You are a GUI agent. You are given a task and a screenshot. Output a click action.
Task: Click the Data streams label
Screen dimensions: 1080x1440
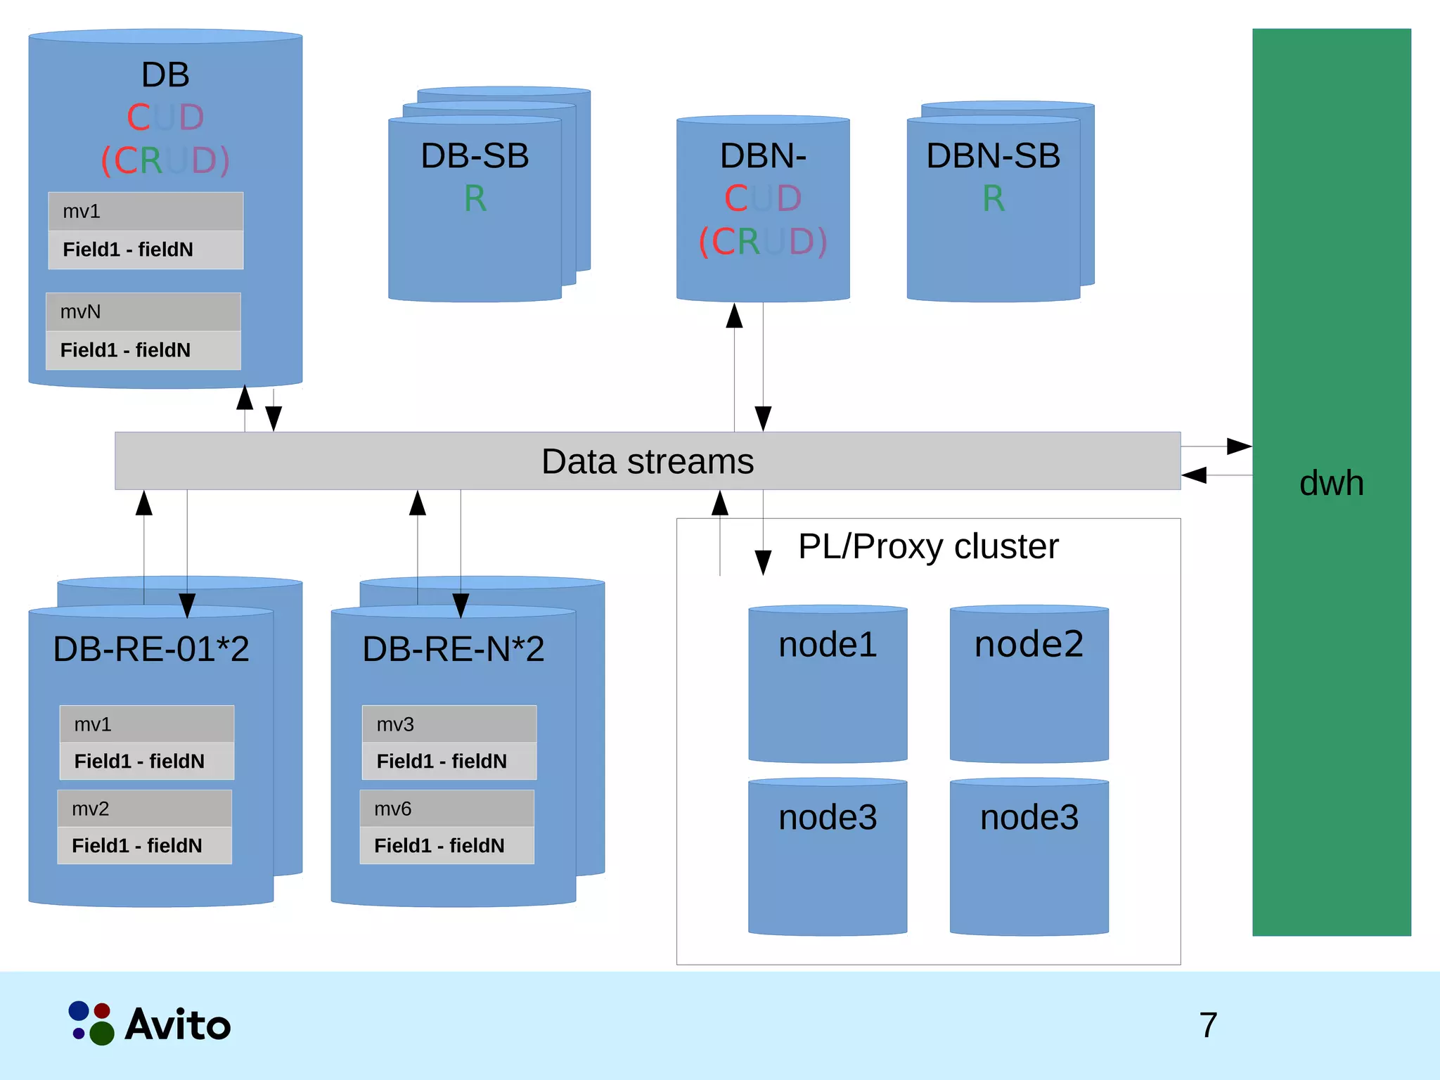click(647, 462)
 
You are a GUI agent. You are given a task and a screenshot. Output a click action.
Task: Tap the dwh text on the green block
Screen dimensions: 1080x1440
click(1331, 483)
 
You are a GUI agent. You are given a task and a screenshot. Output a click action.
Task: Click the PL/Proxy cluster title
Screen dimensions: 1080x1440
click(927, 546)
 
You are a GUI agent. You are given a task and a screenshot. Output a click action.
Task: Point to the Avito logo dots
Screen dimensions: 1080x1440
click(91, 1024)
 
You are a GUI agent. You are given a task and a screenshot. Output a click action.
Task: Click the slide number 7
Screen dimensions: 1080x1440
click(1208, 1025)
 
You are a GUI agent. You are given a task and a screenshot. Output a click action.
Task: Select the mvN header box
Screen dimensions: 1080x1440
click(143, 311)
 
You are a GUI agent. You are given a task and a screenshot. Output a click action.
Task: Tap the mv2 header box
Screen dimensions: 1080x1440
click(144, 809)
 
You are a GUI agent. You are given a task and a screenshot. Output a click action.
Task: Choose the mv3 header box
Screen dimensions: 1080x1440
click(449, 724)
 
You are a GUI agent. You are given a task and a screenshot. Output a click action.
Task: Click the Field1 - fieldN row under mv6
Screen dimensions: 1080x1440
click(446, 845)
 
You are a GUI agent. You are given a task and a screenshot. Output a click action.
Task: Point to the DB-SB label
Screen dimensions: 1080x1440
click(475, 155)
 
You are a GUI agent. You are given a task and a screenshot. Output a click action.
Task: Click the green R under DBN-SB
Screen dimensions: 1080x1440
click(993, 198)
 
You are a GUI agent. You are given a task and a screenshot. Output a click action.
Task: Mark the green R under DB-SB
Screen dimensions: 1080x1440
click(475, 198)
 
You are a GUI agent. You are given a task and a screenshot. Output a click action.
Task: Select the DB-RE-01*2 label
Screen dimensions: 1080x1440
click(151, 648)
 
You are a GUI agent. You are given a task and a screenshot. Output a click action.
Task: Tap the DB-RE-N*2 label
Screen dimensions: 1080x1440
click(454, 648)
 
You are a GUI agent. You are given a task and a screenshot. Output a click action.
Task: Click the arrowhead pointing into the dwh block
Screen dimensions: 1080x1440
click(1239, 446)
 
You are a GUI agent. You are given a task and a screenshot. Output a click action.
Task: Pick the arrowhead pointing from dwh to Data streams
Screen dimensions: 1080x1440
click(1194, 475)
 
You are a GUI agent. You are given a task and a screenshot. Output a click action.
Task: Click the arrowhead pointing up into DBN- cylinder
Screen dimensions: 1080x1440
click(734, 316)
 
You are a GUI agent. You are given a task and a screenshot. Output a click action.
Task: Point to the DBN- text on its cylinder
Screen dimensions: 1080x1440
click(763, 155)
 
